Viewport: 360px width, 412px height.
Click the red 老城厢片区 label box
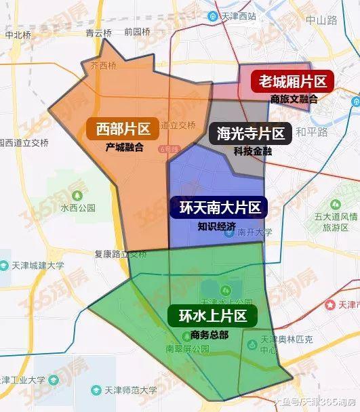pyautogui.click(x=290, y=82)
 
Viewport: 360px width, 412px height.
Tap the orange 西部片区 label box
pyautogui.click(x=122, y=128)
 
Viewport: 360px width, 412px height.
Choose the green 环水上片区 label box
pyautogui.click(x=212, y=316)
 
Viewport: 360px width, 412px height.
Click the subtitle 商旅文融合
pyautogui.click(x=294, y=99)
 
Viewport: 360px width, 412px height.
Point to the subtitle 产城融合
pyautogui.click(x=124, y=146)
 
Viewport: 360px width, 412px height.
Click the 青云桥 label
pyautogui.click(x=98, y=32)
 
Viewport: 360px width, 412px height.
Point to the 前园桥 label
pyautogui.click(x=137, y=31)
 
